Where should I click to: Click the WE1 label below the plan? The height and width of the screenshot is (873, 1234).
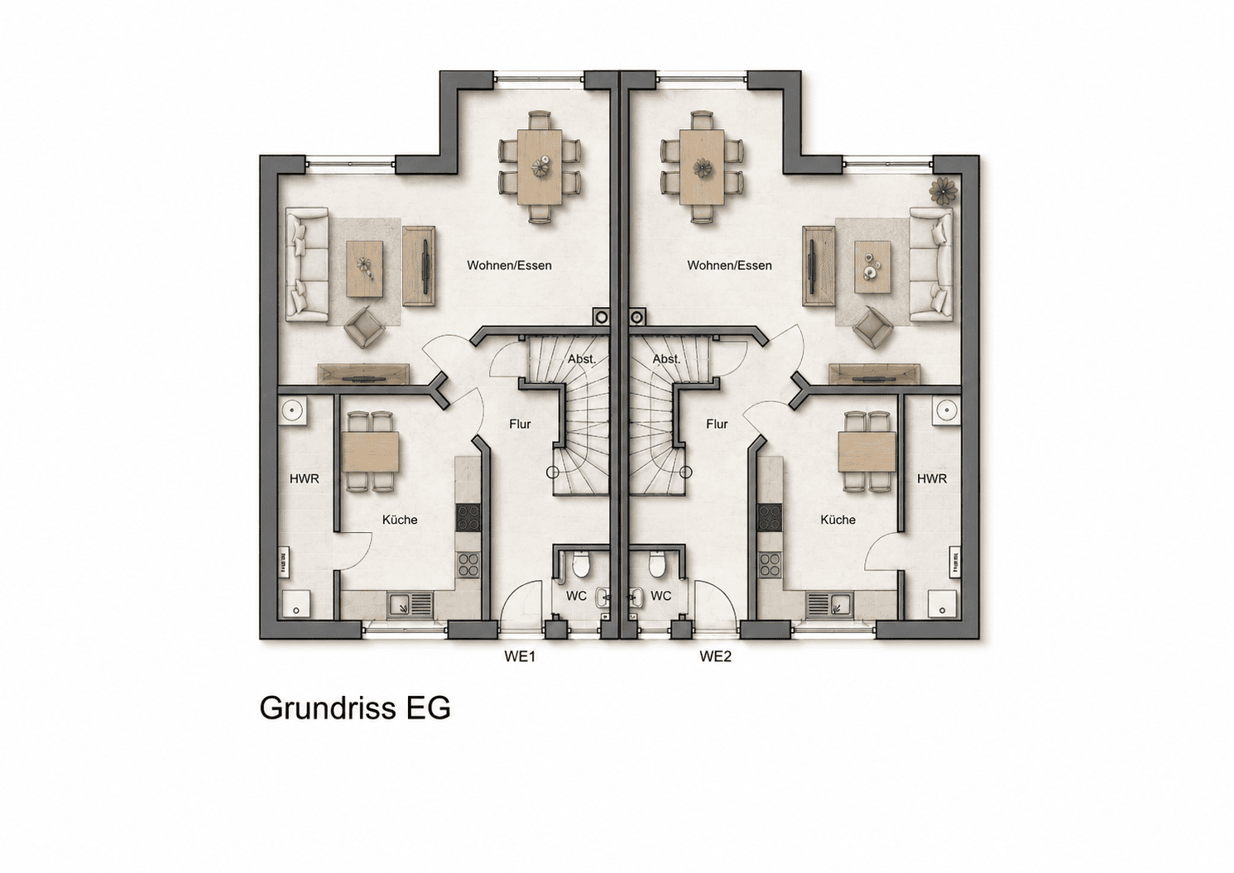[x=520, y=656]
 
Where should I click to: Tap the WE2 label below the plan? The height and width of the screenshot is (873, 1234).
[x=715, y=656]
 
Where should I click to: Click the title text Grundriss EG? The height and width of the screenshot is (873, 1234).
[x=355, y=708]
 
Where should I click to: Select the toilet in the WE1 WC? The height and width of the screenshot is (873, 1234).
[x=580, y=564]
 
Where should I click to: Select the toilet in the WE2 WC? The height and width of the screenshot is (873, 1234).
[x=655, y=564]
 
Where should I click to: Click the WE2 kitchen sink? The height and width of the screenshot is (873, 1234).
[x=829, y=606]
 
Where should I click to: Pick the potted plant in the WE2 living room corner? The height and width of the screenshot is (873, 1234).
[x=943, y=191]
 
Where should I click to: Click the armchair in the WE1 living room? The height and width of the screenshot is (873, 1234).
[x=364, y=327]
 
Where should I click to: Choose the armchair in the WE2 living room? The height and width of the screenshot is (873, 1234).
[x=873, y=327]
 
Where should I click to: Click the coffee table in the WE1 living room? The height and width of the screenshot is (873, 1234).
[x=364, y=269]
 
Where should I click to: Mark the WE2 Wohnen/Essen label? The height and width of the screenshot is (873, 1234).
[x=729, y=266]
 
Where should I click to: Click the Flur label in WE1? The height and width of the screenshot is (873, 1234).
[x=520, y=425]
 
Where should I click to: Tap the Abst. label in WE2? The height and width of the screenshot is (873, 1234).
[x=666, y=360]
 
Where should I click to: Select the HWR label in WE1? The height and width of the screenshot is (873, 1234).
[x=304, y=479]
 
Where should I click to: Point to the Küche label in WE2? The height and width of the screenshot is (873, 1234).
[x=838, y=520]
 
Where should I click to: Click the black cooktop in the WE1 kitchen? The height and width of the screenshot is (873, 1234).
[x=468, y=518]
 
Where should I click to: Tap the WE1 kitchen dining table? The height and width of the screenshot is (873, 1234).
[x=371, y=452]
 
